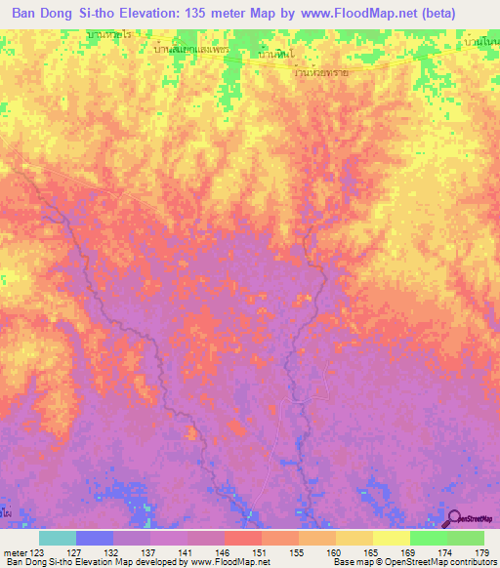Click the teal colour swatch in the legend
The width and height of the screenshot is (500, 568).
(58, 538)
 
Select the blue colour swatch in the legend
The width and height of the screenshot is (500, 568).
(95, 538)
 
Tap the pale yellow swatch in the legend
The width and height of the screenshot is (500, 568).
(391, 538)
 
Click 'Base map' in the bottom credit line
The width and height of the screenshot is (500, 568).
(349, 563)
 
